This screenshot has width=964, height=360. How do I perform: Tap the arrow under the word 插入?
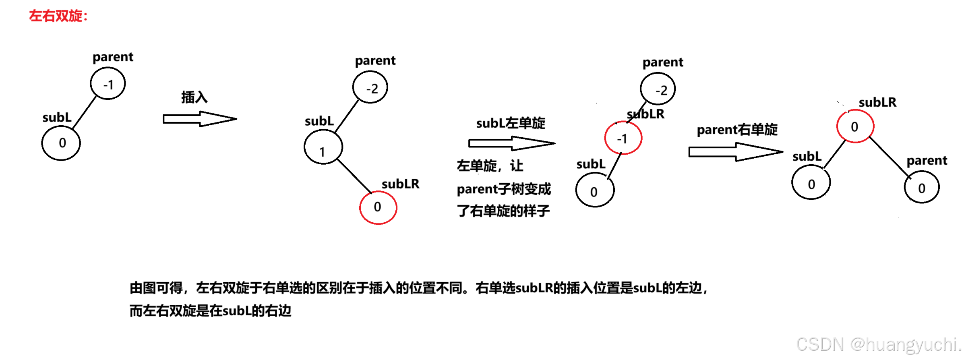pyautogui.click(x=200, y=119)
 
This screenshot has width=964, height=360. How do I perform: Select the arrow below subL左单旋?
pyautogui.click(x=511, y=143)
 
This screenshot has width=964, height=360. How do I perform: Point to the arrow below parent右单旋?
pyautogui.click(x=735, y=152)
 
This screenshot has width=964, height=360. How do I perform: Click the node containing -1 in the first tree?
pyautogui.click(x=108, y=84)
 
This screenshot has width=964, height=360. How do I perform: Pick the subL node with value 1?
pyautogui.click(x=323, y=147)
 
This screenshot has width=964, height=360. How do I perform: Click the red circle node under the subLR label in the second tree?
pyautogui.click(x=378, y=207)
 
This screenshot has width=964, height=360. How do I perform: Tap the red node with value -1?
pyautogui.click(x=623, y=138)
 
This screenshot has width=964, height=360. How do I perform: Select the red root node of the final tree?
pyautogui.click(x=855, y=126)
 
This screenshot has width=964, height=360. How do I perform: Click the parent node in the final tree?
pyautogui.click(x=922, y=187)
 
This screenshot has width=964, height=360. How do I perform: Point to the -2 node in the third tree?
pyautogui.click(x=658, y=89)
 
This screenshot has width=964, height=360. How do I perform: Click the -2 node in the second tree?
pyautogui.click(x=370, y=88)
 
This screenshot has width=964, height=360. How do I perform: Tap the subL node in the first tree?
pyautogui.click(x=61, y=143)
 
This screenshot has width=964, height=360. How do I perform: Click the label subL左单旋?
pyautogui.click(x=511, y=123)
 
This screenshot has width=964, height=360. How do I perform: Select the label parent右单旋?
pyautogui.click(x=737, y=130)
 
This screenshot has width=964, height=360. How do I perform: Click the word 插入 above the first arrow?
pyautogui.click(x=194, y=97)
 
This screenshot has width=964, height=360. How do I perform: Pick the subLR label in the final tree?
pyautogui.click(x=877, y=102)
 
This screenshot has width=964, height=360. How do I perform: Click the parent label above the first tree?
pyautogui.click(x=113, y=57)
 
